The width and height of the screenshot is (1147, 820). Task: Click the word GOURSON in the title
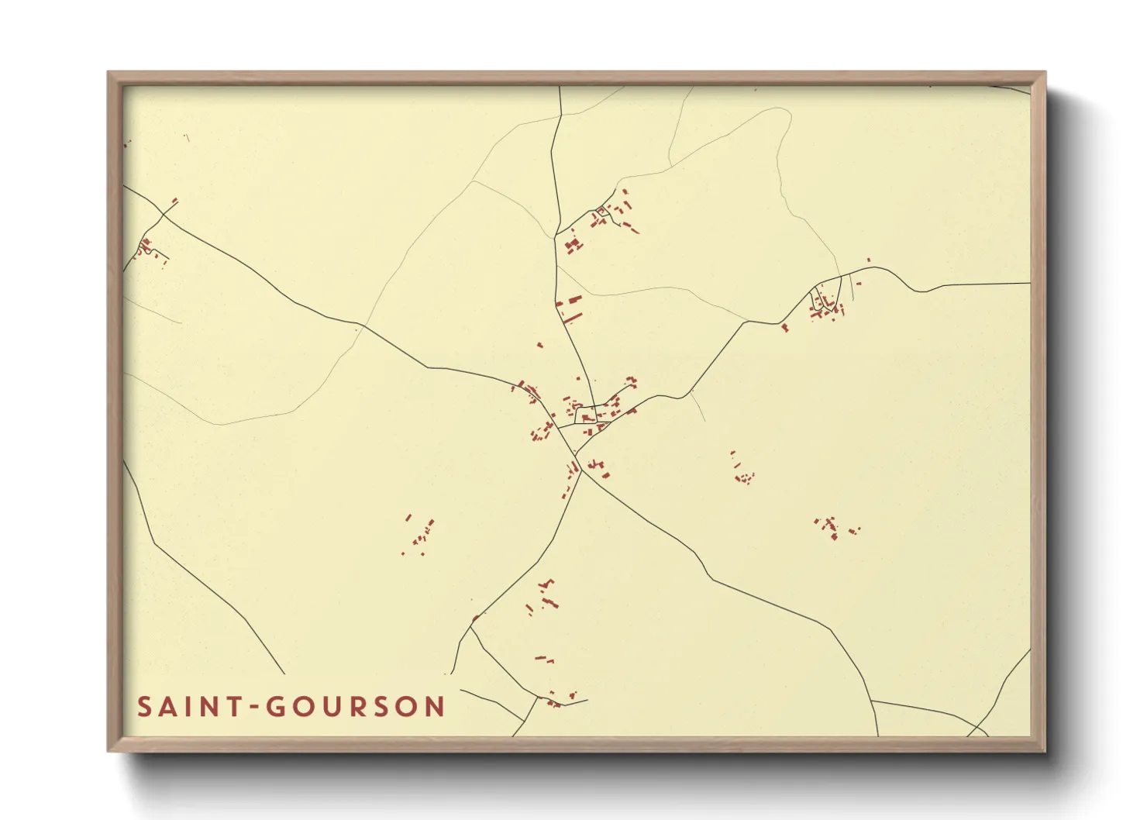point(356,707)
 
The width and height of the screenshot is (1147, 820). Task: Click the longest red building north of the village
point(572,317)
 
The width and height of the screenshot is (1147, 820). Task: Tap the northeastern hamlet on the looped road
point(826,305)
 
